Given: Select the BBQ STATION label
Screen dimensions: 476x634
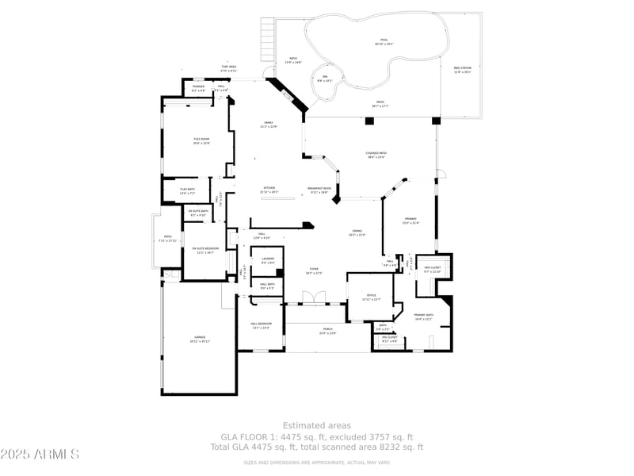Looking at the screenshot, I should pyautogui.click(x=462, y=70).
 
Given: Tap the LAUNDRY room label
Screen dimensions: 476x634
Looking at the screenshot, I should pyautogui.click(x=268, y=260).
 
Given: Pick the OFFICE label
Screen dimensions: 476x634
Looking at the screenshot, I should pyautogui.click(x=371, y=297).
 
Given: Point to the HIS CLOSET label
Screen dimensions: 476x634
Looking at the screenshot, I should pyautogui.click(x=389, y=339).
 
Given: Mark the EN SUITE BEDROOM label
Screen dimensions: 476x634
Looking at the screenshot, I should pyautogui.click(x=205, y=250).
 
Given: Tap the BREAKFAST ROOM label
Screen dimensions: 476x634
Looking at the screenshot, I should pyautogui.click(x=319, y=190).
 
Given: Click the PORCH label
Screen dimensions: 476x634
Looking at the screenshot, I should pyautogui.click(x=327, y=330).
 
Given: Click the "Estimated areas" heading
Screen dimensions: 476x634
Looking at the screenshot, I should pyautogui.click(x=317, y=426).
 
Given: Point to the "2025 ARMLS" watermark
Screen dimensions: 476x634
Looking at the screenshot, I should pyautogui.click(x=40, y=455).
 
